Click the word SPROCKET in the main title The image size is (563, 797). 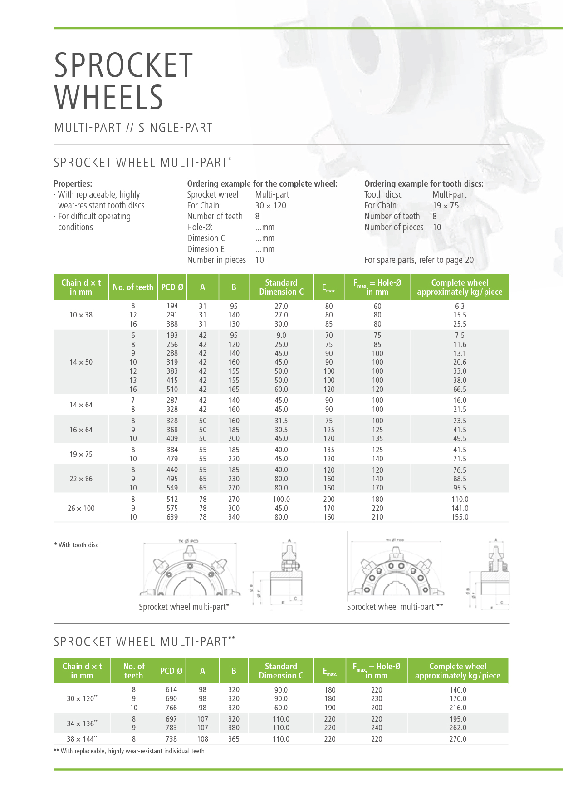123,65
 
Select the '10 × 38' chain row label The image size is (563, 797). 81,315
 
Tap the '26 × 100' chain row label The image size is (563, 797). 81,508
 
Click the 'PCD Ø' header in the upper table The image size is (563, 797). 172,287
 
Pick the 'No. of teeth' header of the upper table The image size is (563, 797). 133,287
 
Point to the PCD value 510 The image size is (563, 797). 172,389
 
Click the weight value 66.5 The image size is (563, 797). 460,389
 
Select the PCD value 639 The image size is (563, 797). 172,517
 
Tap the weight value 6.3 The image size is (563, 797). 460,306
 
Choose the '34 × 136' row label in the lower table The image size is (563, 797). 82,723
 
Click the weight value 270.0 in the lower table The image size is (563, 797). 458,739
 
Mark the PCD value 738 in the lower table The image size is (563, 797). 171,739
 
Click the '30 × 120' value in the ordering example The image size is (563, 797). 270,206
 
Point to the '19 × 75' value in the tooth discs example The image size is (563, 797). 446,206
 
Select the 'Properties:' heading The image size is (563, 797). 73,184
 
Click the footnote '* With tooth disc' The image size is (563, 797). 76,545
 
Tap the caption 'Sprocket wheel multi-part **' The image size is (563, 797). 395,607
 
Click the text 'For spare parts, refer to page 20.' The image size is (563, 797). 420,260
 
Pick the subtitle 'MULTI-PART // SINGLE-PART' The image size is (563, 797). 133,128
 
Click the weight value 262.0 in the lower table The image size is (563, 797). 458,728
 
